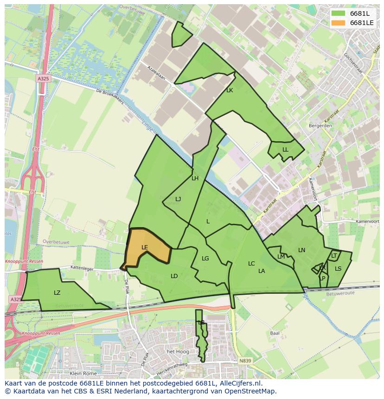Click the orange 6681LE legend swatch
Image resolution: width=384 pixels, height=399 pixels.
(338, 23)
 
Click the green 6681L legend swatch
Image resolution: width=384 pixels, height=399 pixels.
(338, 13)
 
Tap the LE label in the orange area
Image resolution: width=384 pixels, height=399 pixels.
(145, 247)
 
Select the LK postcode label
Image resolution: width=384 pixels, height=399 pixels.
(230, 90)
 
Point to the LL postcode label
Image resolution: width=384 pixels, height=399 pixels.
(285, 150)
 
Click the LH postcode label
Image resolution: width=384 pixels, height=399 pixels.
(195, 178)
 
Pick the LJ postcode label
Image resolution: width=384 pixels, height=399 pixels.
(178, 199)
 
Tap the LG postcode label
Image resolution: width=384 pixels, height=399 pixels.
(205, 259)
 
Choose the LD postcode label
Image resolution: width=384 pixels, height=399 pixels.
(174, 276)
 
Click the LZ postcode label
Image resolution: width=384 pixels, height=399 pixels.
(57, 293)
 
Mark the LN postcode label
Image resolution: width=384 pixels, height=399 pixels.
(301, 250)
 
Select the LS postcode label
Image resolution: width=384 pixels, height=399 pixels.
(338, 269)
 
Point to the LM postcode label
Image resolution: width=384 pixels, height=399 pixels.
(281, 257)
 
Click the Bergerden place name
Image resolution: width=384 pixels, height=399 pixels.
(320, 126)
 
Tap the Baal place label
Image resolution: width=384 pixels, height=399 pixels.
(275, 333)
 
